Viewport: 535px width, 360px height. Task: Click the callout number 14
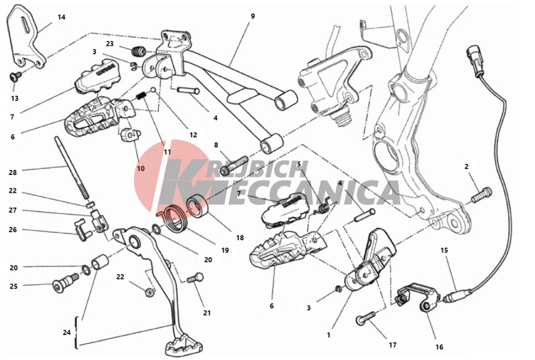pos(61,17)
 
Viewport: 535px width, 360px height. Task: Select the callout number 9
pos(253,16)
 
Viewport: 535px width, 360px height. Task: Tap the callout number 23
pos(110,44)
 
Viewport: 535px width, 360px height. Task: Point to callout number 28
pos(13,172)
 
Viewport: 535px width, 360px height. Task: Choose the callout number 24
pos(66,332)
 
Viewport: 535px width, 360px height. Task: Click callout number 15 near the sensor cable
pos(444,250)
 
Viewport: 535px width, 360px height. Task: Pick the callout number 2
pos(466,167)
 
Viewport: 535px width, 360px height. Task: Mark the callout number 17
pos(393,345)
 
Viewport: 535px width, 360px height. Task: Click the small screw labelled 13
pos(15,77)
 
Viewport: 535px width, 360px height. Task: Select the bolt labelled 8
pos(235,165)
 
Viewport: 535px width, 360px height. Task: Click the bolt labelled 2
pos(481,194)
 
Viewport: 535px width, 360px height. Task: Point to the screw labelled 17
pos(366,318)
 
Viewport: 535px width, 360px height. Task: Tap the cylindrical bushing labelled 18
pos(198,206)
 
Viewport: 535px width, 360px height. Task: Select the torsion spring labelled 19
pos(174,218)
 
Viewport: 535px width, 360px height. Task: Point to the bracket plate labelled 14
pos(25,37)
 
